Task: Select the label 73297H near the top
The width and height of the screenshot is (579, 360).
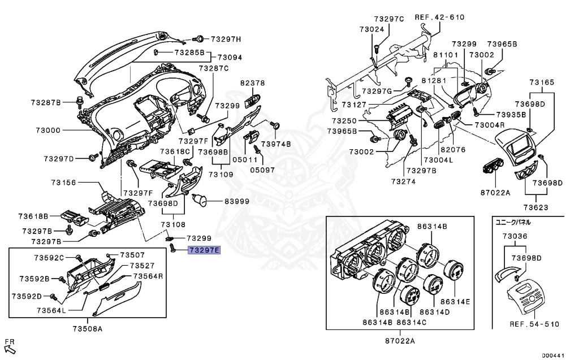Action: coord(226,39)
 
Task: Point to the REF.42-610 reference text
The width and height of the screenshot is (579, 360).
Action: coord(439,18)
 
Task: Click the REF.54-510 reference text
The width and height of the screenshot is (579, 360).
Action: coord(534,324)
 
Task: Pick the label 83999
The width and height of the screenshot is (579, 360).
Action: coord(237,201)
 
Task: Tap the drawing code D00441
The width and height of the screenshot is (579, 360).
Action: coord(553,355)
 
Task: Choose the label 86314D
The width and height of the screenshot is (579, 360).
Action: coord(435,312)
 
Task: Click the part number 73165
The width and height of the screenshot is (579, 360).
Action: coord(542,83)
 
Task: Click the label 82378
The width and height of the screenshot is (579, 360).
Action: coord(252,83)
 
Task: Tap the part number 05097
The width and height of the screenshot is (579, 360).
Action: coord(263,170)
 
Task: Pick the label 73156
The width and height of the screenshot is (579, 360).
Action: coord(63,183)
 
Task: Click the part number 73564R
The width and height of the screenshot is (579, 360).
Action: coord(148,276)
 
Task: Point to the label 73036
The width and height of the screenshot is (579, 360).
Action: coord(516,236)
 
